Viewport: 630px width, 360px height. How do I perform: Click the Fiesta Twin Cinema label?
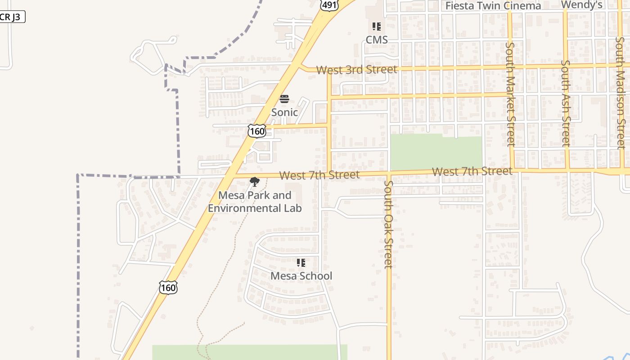493,6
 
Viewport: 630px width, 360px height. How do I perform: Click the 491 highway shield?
329,4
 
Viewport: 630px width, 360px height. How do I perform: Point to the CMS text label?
377,40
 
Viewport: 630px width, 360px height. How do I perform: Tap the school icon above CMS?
377,27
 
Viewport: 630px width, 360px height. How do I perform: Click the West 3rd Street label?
356,70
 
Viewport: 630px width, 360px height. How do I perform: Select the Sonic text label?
284,112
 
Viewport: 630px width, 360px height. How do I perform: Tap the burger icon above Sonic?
284,99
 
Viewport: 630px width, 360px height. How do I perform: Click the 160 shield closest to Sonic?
257,131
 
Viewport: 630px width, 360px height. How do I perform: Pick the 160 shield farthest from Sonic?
168,287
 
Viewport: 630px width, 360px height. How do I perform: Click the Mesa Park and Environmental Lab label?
255,202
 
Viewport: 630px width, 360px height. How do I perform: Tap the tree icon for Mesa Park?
255,182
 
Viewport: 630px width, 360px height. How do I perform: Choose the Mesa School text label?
301,276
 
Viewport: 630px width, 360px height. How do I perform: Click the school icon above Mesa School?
301,262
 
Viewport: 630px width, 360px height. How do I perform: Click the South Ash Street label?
566,103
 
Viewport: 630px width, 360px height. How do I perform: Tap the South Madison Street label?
621,92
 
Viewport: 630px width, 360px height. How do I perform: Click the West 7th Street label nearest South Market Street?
472,171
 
